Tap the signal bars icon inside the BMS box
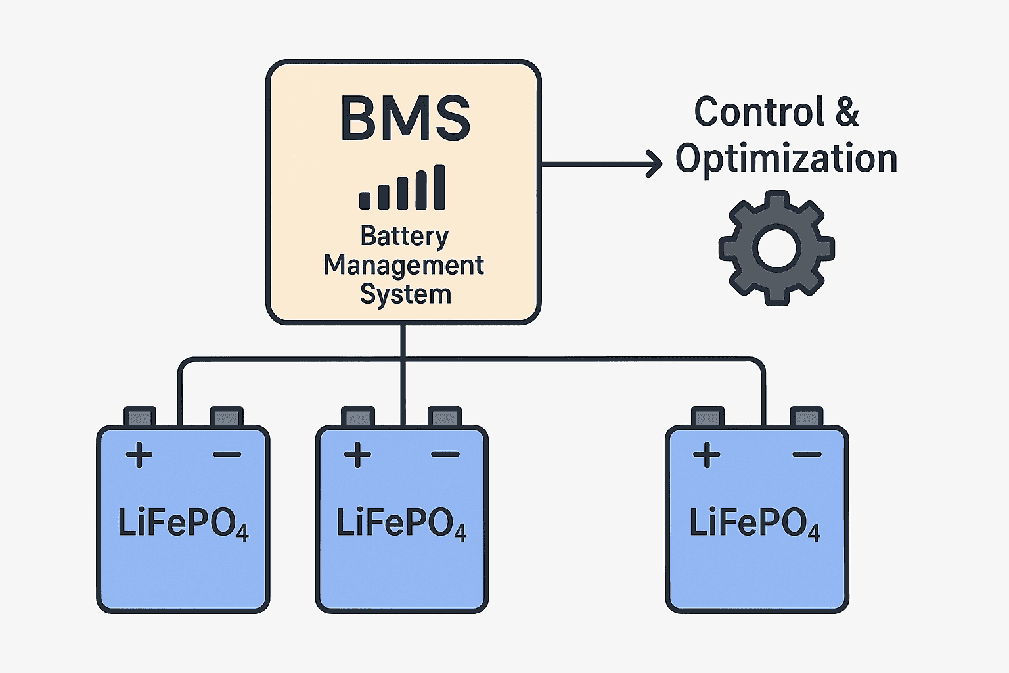click(403, 188)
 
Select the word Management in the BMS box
click(403, 266)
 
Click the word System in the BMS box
click(405, 294)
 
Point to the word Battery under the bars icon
click(405, 236)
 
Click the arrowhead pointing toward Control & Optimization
click(654, 164)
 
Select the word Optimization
click(786, 159)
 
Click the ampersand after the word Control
click(847, 112)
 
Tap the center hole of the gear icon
click(776, 248)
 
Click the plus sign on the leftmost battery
click(139, 455)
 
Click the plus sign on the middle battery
click(357, 455)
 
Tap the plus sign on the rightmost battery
click(707, 455)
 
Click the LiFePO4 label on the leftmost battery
click(183, 524)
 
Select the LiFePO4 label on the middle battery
click(401, 524)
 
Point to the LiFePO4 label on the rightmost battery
click(755, 524)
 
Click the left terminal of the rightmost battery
click(707, 417)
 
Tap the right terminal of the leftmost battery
click(227, 417)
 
